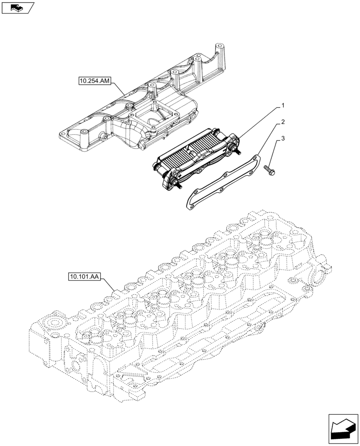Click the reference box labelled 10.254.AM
95,81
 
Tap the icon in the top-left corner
17,8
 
